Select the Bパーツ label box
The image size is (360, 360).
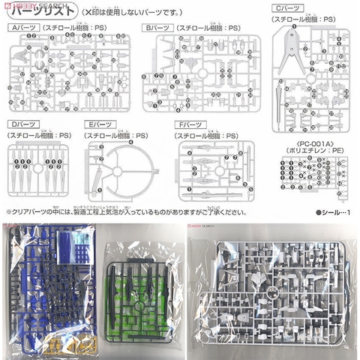coord(158,27)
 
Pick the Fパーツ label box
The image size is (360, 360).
coord(191,124)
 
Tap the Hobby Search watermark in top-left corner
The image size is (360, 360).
coord(19,4)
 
